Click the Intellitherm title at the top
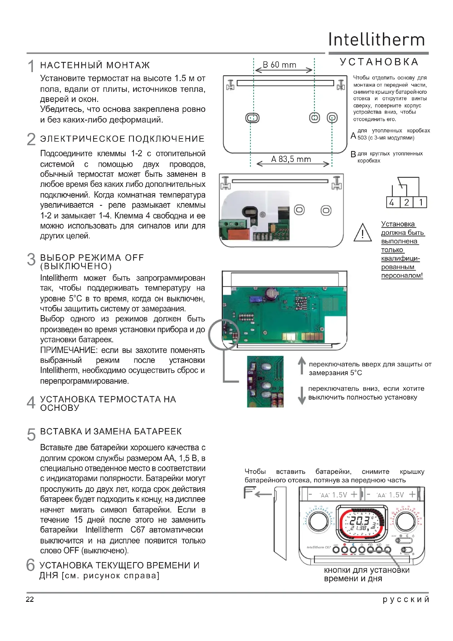point(376,40)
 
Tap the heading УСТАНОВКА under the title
point(379,62)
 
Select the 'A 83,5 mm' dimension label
point(291,159)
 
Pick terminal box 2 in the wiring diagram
point(406,203)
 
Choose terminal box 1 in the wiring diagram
point(420,203)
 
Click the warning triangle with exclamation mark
point(362,233)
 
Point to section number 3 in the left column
point(31,260)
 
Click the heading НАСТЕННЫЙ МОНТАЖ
point(95,65)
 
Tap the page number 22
point(30,599)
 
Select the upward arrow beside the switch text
point(302,366)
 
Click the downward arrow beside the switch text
point(302,395)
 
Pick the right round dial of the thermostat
point(406,521)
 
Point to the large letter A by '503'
point(353,136)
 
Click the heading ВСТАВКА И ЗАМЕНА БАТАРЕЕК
point(111,432)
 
